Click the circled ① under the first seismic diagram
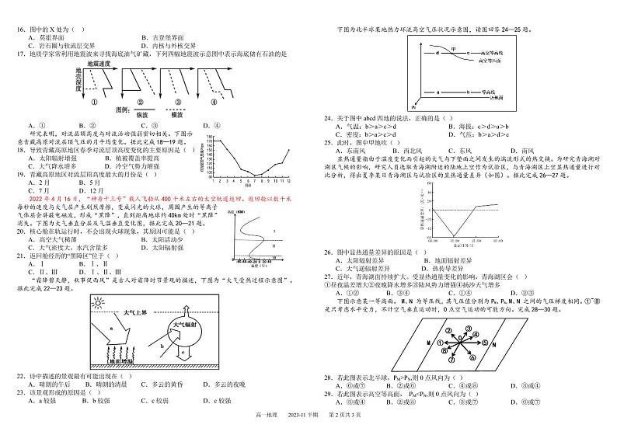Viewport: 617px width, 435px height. [x=95, y=101]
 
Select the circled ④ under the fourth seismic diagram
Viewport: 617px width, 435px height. [x=214, y=101]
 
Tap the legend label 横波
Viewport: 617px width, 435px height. [x=176, y=113]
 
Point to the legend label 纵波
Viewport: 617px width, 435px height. [x=131, y=113]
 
